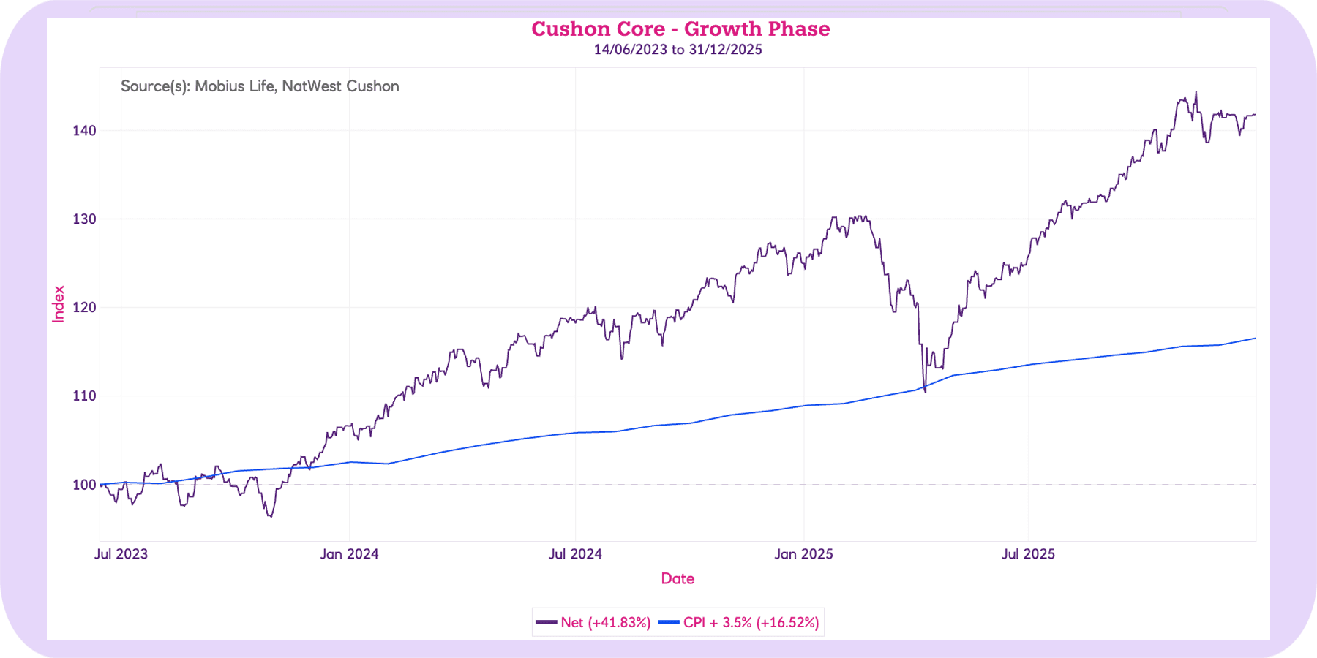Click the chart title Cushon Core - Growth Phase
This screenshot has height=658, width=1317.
click(x=680, y=29)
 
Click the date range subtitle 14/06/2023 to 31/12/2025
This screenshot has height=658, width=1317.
click(x=678, y=50)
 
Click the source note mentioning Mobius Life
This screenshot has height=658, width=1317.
click(x=260, y=86)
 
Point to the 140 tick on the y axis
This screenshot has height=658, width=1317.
click(x=84, y=131)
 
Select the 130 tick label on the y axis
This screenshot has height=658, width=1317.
click(x=84, y=219)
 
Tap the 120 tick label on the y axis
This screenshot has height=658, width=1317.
click(x=84, y=308)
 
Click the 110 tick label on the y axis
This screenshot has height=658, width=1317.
click(x=84, y=396)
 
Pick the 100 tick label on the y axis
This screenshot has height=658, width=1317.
click(x=84, y=485)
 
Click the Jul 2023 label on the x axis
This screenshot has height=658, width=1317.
click(x=121, y=554)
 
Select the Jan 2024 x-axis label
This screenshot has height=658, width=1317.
click(x=349, y=554)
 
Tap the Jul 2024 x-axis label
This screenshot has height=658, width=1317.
click(x=575, y=554)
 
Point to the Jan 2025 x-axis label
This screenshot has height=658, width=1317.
click(x=803, y=554)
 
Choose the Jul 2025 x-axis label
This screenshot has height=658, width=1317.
click(x=1028, y=554)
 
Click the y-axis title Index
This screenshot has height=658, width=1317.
click(x=59, y=304)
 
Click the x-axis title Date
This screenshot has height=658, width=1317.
click(x=678, y=579)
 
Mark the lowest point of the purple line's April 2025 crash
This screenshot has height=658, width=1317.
click(x=926, y=392)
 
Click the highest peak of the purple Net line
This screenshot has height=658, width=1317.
click(x=1196, y=93)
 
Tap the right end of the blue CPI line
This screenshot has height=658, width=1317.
click(x=1255, y=339)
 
